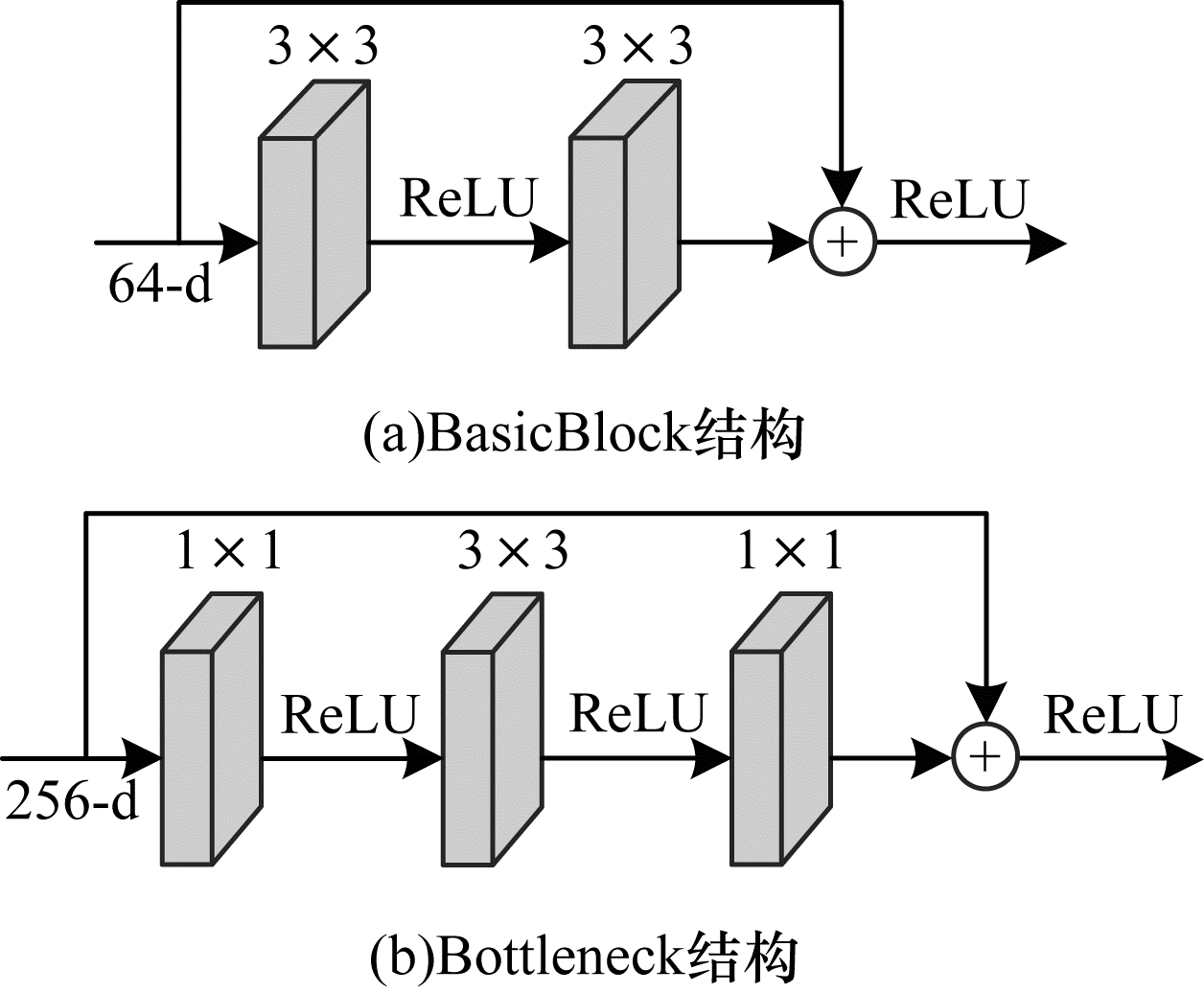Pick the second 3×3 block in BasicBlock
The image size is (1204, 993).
(624, 216)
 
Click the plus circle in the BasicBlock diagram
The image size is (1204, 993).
(843, 242)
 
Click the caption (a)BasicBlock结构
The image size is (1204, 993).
(583, 435)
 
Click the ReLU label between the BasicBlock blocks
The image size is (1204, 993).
(466, 197)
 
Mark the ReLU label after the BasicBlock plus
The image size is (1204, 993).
(959, 199)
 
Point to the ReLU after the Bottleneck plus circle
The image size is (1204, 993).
(1110, 715)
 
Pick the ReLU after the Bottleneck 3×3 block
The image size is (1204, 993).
(637, 715)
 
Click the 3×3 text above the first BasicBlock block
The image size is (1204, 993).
(322, 47)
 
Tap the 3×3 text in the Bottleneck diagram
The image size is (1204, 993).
(513, 551)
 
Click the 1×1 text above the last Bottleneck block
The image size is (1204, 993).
(790, 551)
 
